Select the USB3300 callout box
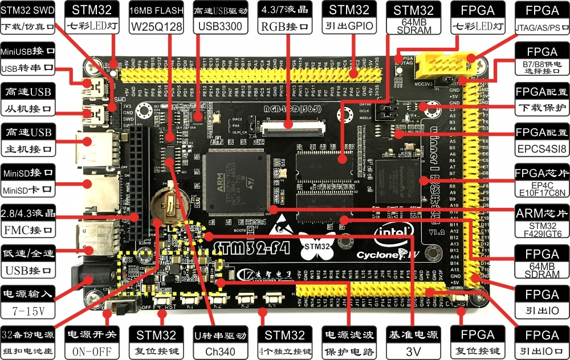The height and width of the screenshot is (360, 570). [220, 27]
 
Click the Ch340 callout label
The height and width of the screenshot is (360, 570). [220, 351]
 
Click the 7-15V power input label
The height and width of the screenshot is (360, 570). [27, 311]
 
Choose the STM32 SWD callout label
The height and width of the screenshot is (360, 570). [29, 10]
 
